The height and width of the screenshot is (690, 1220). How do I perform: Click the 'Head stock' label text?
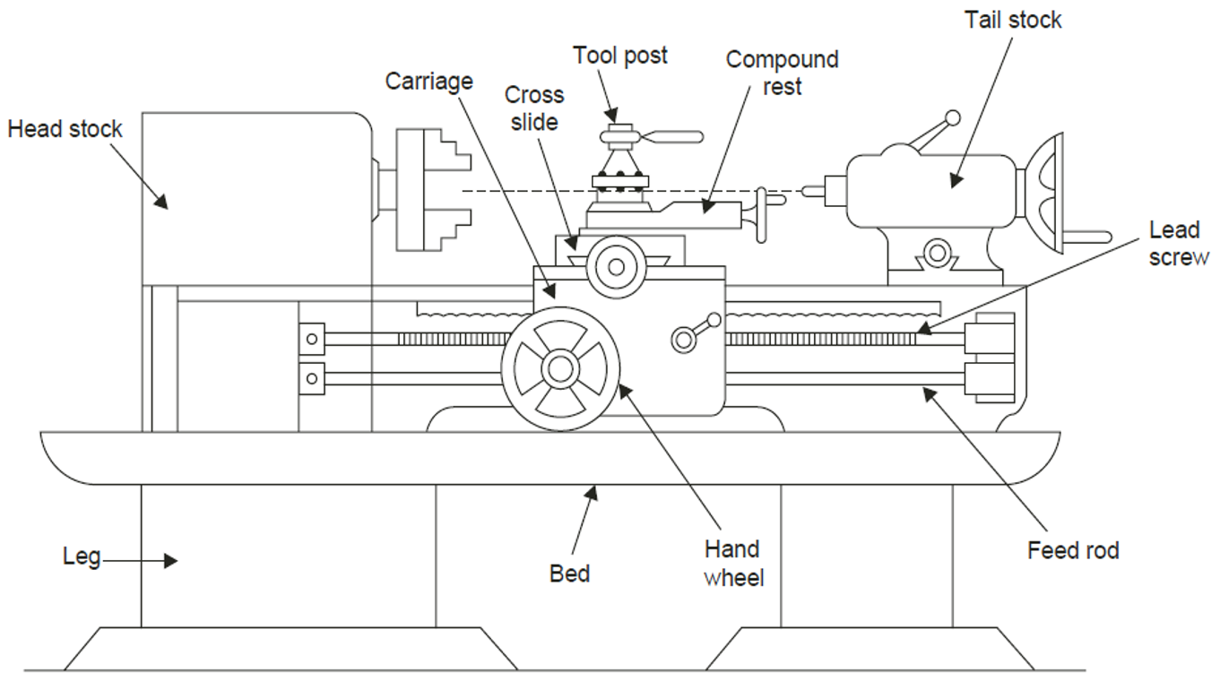tap(65, 130)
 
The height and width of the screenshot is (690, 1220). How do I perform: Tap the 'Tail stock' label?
tap(1013, 20)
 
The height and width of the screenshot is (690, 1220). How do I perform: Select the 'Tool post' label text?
tap(620, 56)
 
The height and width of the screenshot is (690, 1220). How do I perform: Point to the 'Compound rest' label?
tap(782, 73)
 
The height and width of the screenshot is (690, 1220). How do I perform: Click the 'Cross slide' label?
tap(534, 108)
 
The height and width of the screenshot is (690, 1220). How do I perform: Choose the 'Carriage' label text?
tap(428, 82)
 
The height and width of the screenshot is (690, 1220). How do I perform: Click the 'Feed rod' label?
tap(1073, 549)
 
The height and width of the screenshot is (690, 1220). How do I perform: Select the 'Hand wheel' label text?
tap(732, 563)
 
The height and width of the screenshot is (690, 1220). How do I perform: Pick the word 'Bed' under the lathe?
tap(569, 573)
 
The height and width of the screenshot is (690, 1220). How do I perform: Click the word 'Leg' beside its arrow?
tap(80, 556)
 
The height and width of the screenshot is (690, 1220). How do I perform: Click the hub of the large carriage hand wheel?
tap(560, 367)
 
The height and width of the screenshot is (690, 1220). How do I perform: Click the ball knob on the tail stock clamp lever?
tap(953, 117)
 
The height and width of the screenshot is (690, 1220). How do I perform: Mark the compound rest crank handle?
tap(764, 214)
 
